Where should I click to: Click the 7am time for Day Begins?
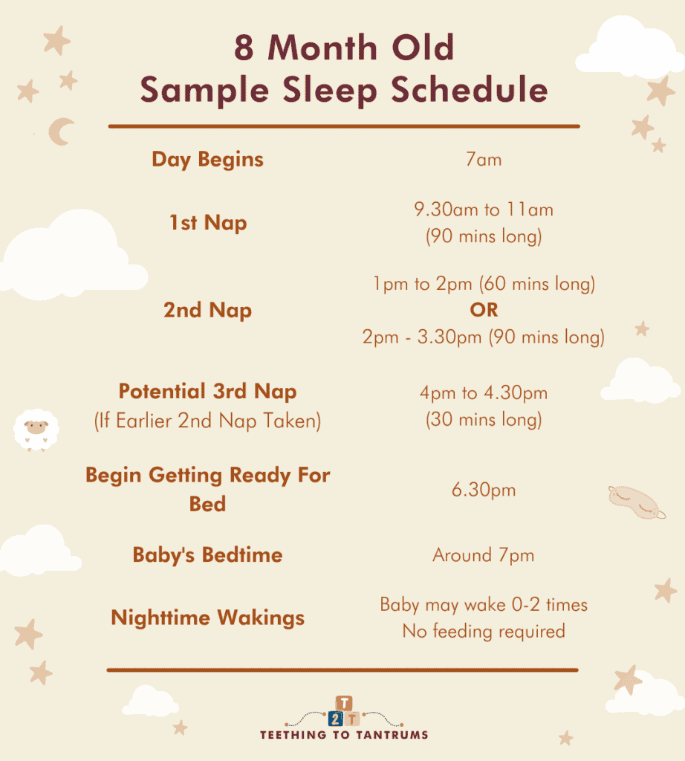(484, 159)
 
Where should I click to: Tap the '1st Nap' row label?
(207, 223)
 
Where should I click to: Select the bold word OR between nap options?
(484, 310)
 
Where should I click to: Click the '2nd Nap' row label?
(207, 310)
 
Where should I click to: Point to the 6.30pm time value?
(484, 490)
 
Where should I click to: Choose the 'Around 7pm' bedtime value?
(484, 555)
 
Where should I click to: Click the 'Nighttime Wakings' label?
(207, 618)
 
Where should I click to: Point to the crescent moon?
(60, 132)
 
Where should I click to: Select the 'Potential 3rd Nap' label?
(207, 392)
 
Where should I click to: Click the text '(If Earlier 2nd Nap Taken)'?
(207, 421)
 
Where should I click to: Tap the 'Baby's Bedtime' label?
(207, 555)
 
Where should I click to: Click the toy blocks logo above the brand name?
(343, 711)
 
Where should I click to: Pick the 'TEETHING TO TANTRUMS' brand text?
(343, 735)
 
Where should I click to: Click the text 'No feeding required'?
(484, 632)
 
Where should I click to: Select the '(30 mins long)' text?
(484, 421)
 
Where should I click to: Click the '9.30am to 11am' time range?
(484, 210)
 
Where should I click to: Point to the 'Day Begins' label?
(207, 159)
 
